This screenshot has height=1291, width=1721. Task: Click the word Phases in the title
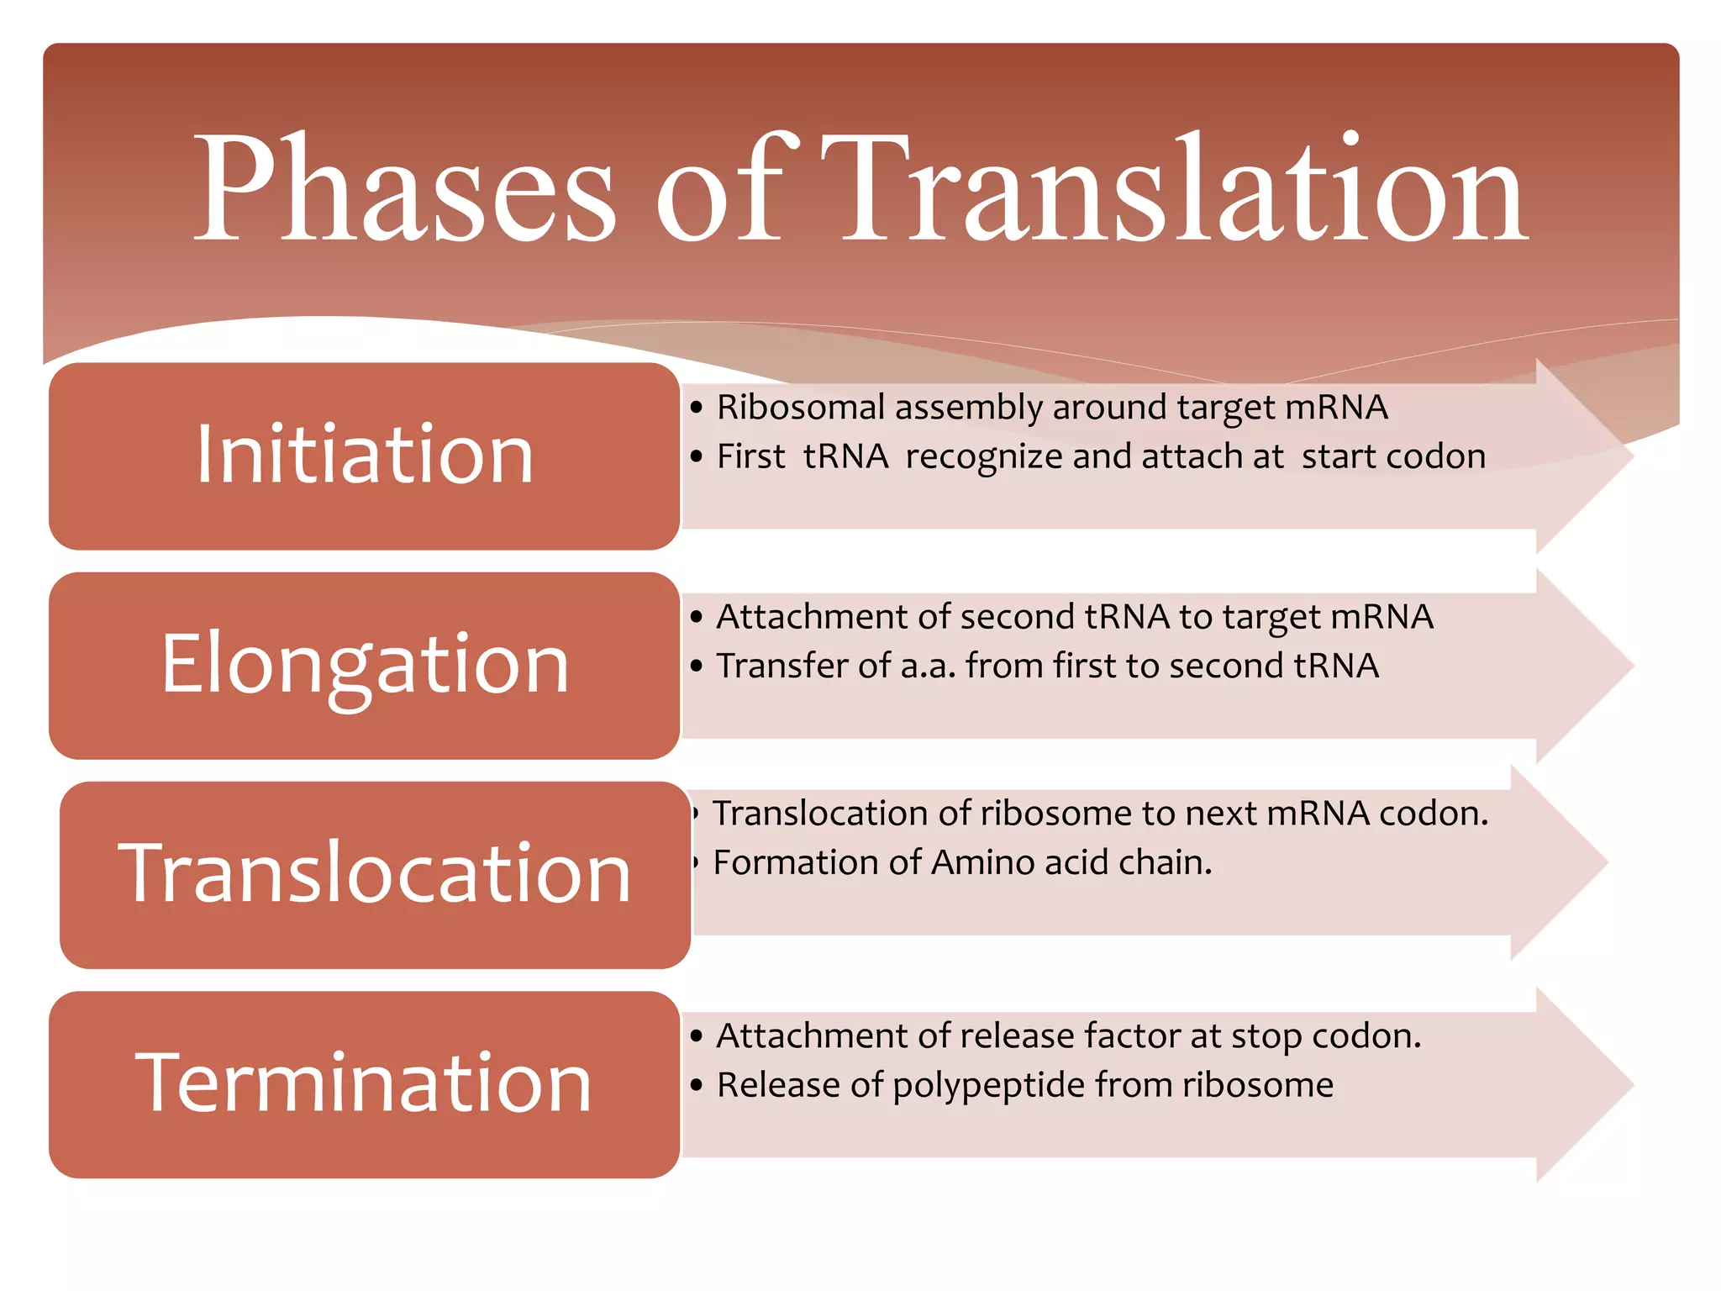[x=403, y=189]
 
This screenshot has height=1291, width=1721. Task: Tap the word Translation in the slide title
[x=1172, y=189]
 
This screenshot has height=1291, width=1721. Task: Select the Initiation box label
[x=365, y=456]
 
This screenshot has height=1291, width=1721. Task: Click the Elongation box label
[x=365, y=665]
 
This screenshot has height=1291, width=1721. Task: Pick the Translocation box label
[x=375, y=874]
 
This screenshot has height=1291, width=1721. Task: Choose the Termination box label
[x=365, y=1084]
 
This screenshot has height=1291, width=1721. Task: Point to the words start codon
[x=1393, y=456]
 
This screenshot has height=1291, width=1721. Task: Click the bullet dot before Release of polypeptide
[x=696, y=1085]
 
